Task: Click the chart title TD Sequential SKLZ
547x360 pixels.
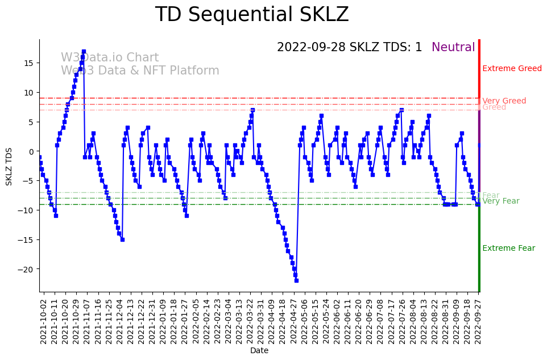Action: coord(252,15)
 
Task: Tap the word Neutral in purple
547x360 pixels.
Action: coord(453,48)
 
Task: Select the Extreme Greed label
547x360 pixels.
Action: coord(512,69)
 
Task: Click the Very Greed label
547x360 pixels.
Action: coord(504,101)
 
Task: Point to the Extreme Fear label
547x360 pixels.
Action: coord(508,249)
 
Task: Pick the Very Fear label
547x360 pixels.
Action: coord(500,201)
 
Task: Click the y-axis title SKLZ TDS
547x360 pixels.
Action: coord(9,165)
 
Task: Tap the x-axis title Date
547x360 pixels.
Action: coord(259,351)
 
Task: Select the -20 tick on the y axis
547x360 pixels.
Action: coord(27,269)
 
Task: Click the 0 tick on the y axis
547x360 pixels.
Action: coord(32,151)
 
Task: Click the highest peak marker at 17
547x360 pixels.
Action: coord(84,51)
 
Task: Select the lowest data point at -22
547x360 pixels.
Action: coord(296,280)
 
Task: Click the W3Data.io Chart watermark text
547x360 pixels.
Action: coord(110,58)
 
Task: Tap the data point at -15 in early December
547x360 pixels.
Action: coord(122,239)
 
